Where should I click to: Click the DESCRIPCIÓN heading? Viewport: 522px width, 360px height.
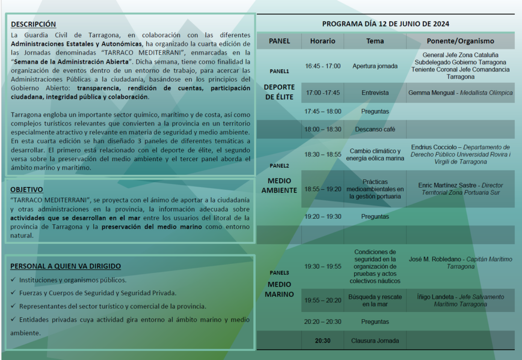(34, 24)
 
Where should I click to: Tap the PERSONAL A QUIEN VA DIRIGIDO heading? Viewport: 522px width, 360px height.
(66, 266)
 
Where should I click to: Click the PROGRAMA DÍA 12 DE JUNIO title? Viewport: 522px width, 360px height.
(385, 24)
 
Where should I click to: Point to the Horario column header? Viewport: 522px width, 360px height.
(323, 41)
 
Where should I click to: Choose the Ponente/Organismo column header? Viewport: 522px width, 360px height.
(460, 41)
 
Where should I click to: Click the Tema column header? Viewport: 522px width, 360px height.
(375, 41)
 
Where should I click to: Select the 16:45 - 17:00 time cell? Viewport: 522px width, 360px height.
(323, 66)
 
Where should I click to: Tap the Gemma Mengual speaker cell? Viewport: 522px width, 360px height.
(460, 93)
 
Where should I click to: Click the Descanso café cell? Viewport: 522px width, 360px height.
(375, 129)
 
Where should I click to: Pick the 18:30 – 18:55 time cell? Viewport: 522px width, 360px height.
(323, 154)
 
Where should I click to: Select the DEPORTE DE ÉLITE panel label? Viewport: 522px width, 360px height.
(279, 92)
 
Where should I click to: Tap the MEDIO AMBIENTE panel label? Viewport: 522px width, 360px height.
(279, 186)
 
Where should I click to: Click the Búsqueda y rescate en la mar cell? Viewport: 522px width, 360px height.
(375, 300)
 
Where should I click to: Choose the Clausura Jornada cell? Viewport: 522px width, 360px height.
(375, 341)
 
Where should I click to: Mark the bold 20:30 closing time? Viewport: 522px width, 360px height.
(323, 341)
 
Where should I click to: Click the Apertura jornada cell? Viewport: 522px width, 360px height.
(375, 66)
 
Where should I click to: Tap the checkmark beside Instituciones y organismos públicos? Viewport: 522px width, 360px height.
(13, 280)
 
